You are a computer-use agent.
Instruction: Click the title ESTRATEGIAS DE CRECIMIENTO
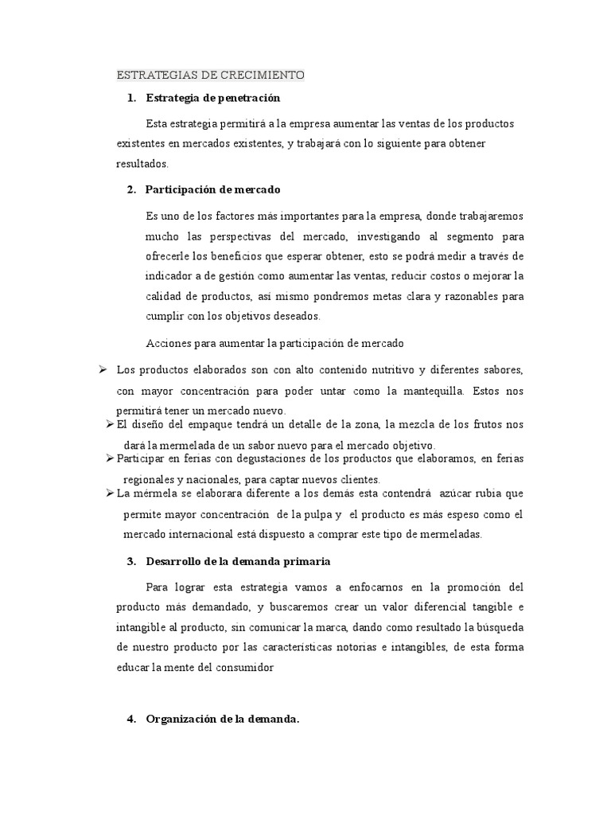pos(210,76)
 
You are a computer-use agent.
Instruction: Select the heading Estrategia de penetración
pos(213,98)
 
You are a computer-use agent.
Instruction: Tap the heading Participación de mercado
pos(212,189)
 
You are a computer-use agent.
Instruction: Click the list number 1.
pos(130,98)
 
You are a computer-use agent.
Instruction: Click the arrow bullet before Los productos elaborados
pos(103,369)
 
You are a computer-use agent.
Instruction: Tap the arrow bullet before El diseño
pos(110,424)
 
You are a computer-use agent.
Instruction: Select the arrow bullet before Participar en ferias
pos(110,458)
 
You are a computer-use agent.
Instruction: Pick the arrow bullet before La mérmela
pos(110,493)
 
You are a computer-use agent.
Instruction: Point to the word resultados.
pos(142,163)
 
